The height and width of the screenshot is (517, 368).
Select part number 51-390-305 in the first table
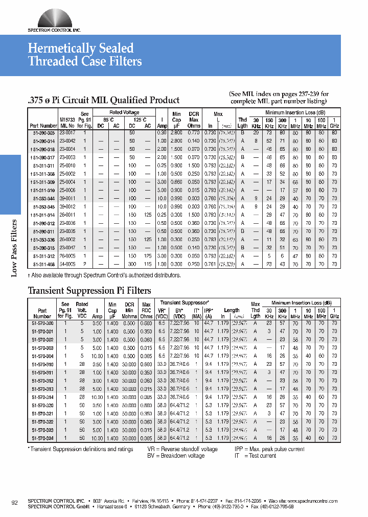43,132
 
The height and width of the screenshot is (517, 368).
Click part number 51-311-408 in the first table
43,264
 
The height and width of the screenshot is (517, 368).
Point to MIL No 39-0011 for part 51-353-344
68,198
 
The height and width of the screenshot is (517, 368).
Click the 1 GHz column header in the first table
334,123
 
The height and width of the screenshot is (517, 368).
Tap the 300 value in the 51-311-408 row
132,264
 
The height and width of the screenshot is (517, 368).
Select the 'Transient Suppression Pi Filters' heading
89,291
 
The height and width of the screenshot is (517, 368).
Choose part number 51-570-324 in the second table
42,438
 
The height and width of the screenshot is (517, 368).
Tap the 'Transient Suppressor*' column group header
181,303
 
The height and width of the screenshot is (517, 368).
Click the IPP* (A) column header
209,313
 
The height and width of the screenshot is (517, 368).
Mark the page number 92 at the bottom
15,503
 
